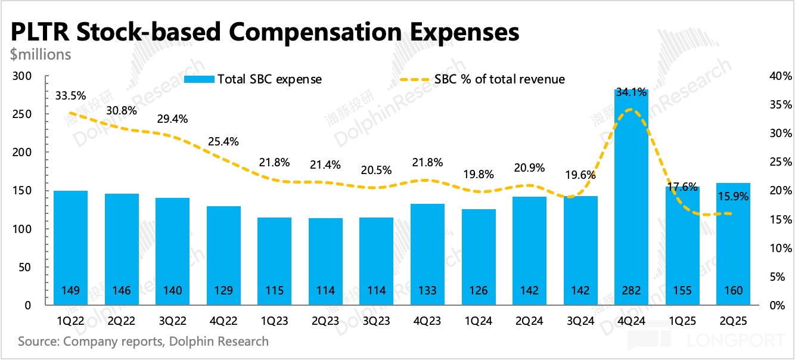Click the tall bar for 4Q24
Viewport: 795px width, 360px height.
(x=631, y=197)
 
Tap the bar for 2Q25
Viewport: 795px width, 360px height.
(x=733, y=244)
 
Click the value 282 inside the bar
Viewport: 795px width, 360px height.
(x=631, y=291)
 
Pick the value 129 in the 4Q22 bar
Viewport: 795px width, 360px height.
(x=223, y=291)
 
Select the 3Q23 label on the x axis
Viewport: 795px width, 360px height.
(x=377, y=321)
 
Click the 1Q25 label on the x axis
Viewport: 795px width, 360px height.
(x=682, y=321)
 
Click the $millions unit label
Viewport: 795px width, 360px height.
(x=41, y=54)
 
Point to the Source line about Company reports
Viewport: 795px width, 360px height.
(x=143, y=342)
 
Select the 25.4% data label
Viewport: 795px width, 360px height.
(x=223, y=142)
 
